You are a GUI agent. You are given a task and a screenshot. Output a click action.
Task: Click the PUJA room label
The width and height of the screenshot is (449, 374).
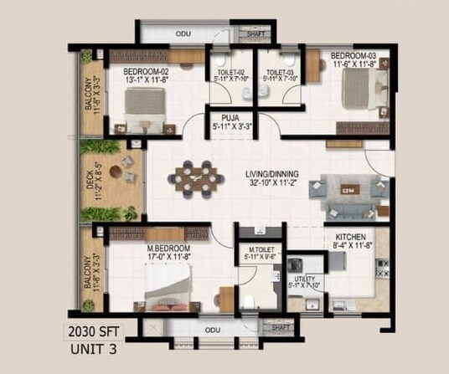click(x=227, y=118)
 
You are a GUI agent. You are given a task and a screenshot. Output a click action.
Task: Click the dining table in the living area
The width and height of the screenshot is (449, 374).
click(x=196, y=178)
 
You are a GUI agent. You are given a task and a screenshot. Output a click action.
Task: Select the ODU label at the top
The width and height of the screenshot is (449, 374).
click(x=183, y=34)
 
